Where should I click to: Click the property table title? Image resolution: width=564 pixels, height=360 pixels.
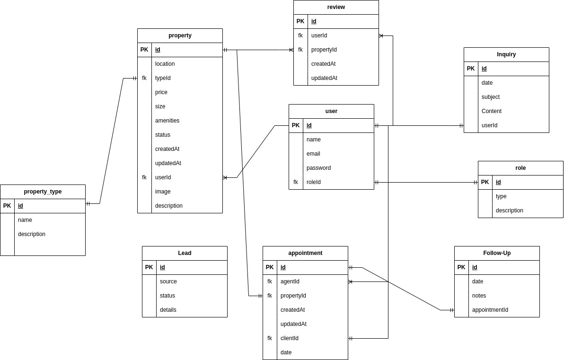tap(180, 35)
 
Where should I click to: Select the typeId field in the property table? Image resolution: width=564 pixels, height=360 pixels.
tap(163, 78)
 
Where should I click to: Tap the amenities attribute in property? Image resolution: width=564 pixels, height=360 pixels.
tap(167, 121)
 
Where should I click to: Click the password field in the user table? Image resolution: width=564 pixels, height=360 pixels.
tap(318, 168)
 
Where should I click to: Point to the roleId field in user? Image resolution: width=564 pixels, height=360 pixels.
tap(313, 182)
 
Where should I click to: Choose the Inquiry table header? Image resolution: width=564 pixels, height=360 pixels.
tap(506, 54)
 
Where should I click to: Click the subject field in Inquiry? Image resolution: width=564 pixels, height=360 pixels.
tap(490, 97)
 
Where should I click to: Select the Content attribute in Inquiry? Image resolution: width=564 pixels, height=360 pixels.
tap(491, 111)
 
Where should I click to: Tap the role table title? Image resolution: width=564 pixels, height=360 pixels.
tap(520, 168)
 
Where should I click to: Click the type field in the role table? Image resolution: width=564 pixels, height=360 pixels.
tap(501, 196)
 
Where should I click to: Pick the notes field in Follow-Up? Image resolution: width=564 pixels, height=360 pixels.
tap(479, 296)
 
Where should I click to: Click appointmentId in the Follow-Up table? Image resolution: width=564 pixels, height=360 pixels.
tap(490, 310)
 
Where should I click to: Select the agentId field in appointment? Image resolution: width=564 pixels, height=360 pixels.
tap(290, 281)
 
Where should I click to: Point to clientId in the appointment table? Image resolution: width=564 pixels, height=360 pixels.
tap(289, 338)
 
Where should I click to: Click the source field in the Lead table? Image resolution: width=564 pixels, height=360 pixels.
tap(168, 281)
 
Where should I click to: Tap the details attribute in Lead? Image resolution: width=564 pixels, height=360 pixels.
tap(168, 310)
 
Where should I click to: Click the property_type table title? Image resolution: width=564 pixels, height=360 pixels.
tap(43, 192)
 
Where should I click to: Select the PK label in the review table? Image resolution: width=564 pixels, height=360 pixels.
tap(300, 21)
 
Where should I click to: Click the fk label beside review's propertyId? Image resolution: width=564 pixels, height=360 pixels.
tap(300, 50)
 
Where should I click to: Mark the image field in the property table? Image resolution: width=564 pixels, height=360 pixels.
tap(163, 192)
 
